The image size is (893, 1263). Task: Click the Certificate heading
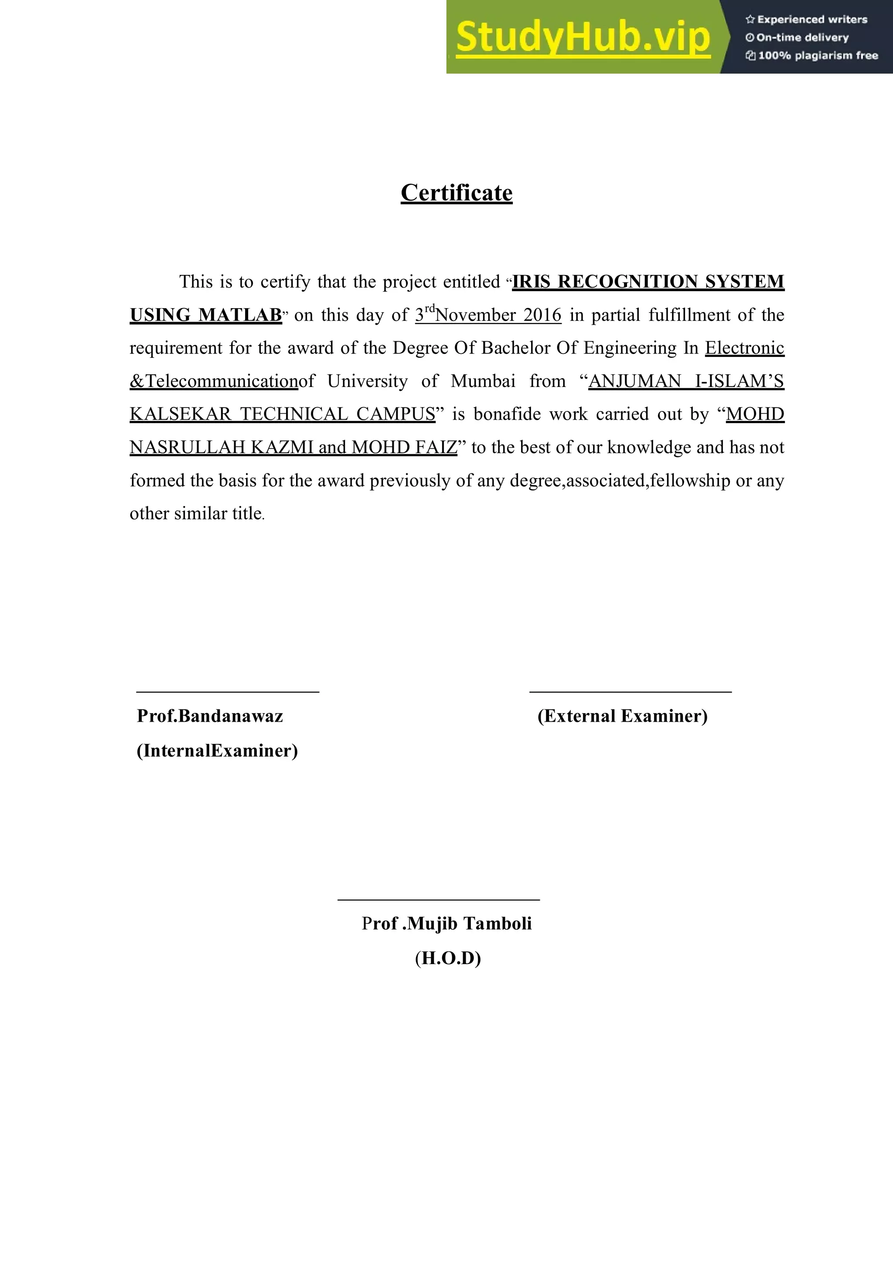point(456,193)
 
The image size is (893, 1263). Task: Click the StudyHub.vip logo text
point(583,37)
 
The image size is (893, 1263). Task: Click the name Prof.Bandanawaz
point(210,716)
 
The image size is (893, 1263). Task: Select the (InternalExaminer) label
point(217,751)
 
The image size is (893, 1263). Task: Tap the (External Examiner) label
point(622,716)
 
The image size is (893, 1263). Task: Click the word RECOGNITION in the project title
point(628,282)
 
